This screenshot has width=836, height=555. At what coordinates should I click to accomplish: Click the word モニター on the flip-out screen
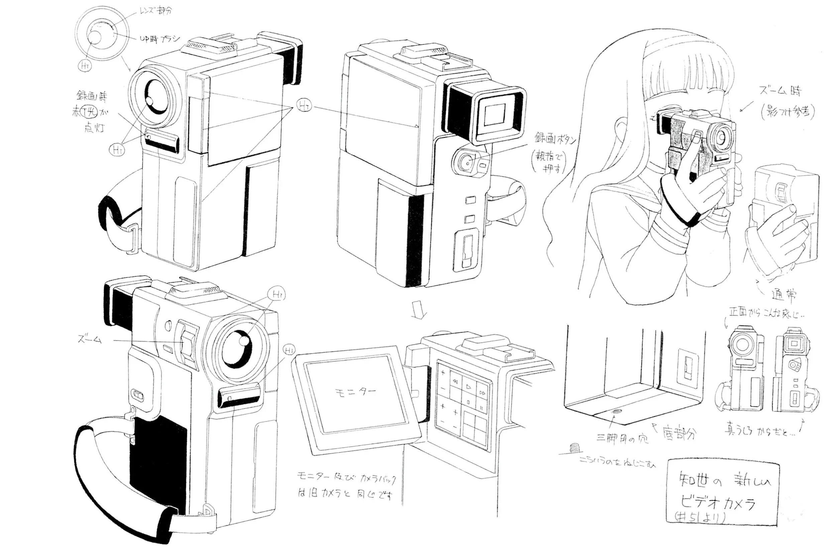pos(355,392)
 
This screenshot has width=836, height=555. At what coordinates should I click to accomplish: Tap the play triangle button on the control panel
pos(468,387)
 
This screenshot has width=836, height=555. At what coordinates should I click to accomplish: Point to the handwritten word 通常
pos(783,295)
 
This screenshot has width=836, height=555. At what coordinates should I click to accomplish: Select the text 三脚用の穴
pos(622,439)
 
